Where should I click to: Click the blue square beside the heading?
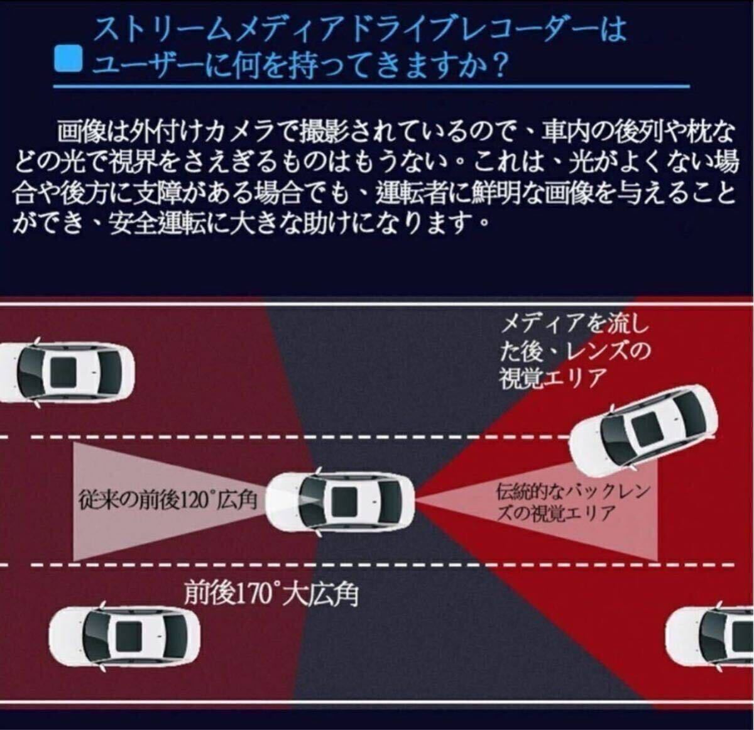pyautogui.click(x=68, y=58)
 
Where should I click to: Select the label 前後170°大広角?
pyautogui.click(x=271, y=594)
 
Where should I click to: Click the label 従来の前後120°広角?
pyautogui.click(x=168, y=500)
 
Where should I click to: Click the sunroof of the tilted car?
pyautogui.click(x=646, y=428)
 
